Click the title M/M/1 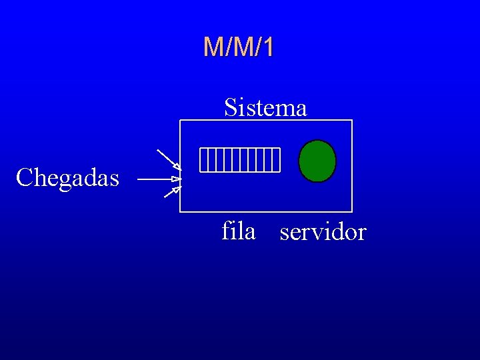(238, 47)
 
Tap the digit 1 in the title (267, 47)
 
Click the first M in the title (213, 47)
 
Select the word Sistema (265, 107)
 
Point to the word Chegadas (67, 178)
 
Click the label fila (239, 231)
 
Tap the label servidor (323, 232)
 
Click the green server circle (317, 161)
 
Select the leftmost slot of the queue (203, 160)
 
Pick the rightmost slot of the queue (277, 160)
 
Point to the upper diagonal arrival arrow (168, 159)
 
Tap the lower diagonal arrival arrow (171, 193)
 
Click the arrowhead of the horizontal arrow (176, 179)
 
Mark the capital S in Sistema (231, 107)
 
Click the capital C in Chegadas (24, 178)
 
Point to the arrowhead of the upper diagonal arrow (177, 166)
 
